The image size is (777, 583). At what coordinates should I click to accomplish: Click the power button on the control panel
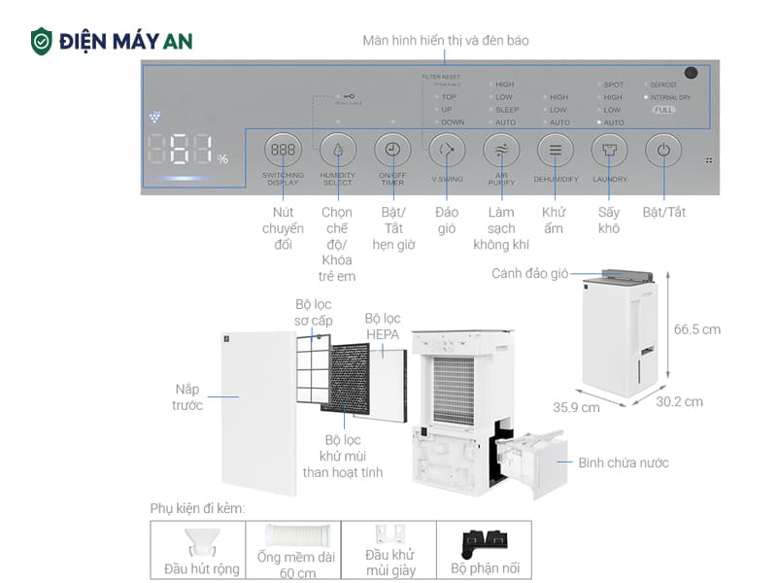(663, 151)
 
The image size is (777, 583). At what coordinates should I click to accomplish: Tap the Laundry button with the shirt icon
(609, 151)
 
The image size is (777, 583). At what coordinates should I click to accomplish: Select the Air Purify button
(501, 151)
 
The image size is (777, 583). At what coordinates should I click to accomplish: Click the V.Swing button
(447, 151)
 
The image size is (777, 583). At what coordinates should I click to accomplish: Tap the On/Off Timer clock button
(392, 151)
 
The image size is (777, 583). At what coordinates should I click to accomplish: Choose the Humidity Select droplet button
(338, 151)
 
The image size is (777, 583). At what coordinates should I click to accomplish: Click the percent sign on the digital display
(222, 158)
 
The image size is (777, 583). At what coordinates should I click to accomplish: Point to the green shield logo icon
(41, 41)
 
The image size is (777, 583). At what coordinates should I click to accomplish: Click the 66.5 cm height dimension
(696, 329)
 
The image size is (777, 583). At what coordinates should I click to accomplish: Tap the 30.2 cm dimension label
(678, 401)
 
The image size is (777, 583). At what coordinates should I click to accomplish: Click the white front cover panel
(258, 412)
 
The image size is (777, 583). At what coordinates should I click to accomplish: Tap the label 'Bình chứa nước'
(624, 463)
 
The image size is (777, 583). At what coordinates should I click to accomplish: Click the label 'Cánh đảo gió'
(529, 274)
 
